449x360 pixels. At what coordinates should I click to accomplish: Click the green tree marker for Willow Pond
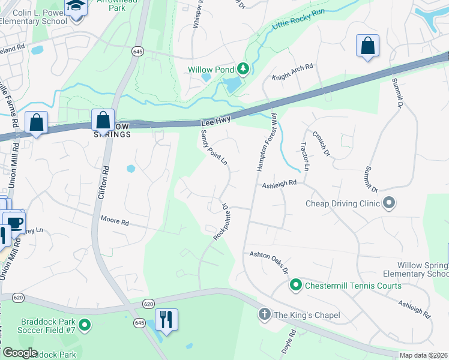243,70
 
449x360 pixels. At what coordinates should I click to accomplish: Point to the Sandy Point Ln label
214,147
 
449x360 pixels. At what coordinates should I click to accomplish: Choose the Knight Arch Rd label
292,72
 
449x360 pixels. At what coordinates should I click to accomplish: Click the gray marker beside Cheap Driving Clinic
389,203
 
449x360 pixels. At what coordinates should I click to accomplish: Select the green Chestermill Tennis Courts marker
295,285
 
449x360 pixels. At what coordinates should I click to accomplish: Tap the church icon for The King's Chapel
264,314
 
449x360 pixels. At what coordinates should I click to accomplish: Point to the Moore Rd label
115,221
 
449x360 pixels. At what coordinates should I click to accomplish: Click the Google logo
19,352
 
